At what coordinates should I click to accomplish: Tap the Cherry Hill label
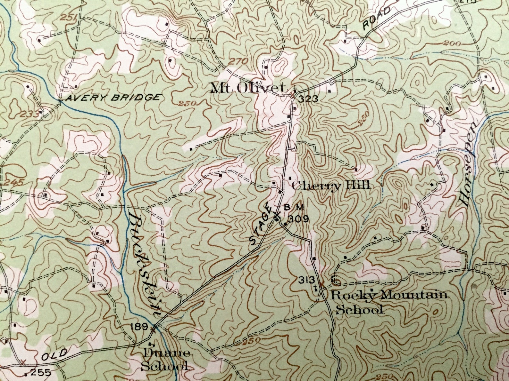click(x=331, y=186)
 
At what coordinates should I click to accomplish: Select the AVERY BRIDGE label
click(x=112, y=98)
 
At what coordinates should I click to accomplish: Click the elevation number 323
click(x=308, y=99)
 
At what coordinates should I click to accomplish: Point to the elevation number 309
click(x=298, y=219)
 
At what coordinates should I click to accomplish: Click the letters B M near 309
click(x=294, y=208)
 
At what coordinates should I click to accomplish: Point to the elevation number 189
click(x=139, y=327)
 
